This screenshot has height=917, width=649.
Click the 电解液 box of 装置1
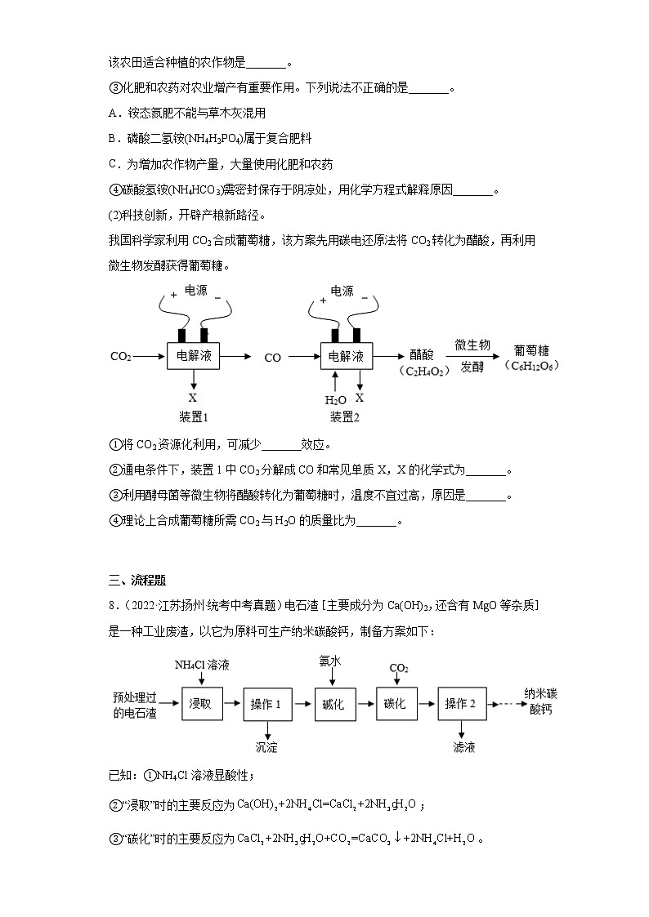[x=193, y=357]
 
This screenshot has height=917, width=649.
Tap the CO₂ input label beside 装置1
[x=120, y=357]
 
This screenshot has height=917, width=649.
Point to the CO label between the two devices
[x=272, y=358]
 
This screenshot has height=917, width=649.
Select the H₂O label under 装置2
[x=335, y=399]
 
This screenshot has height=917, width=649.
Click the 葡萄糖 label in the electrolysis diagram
[x=530, y=347]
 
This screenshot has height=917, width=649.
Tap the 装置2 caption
[x=345, y=417]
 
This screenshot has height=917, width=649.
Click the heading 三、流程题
[x=137, y=581]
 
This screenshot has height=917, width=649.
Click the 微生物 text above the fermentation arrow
[x=472, y=345]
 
